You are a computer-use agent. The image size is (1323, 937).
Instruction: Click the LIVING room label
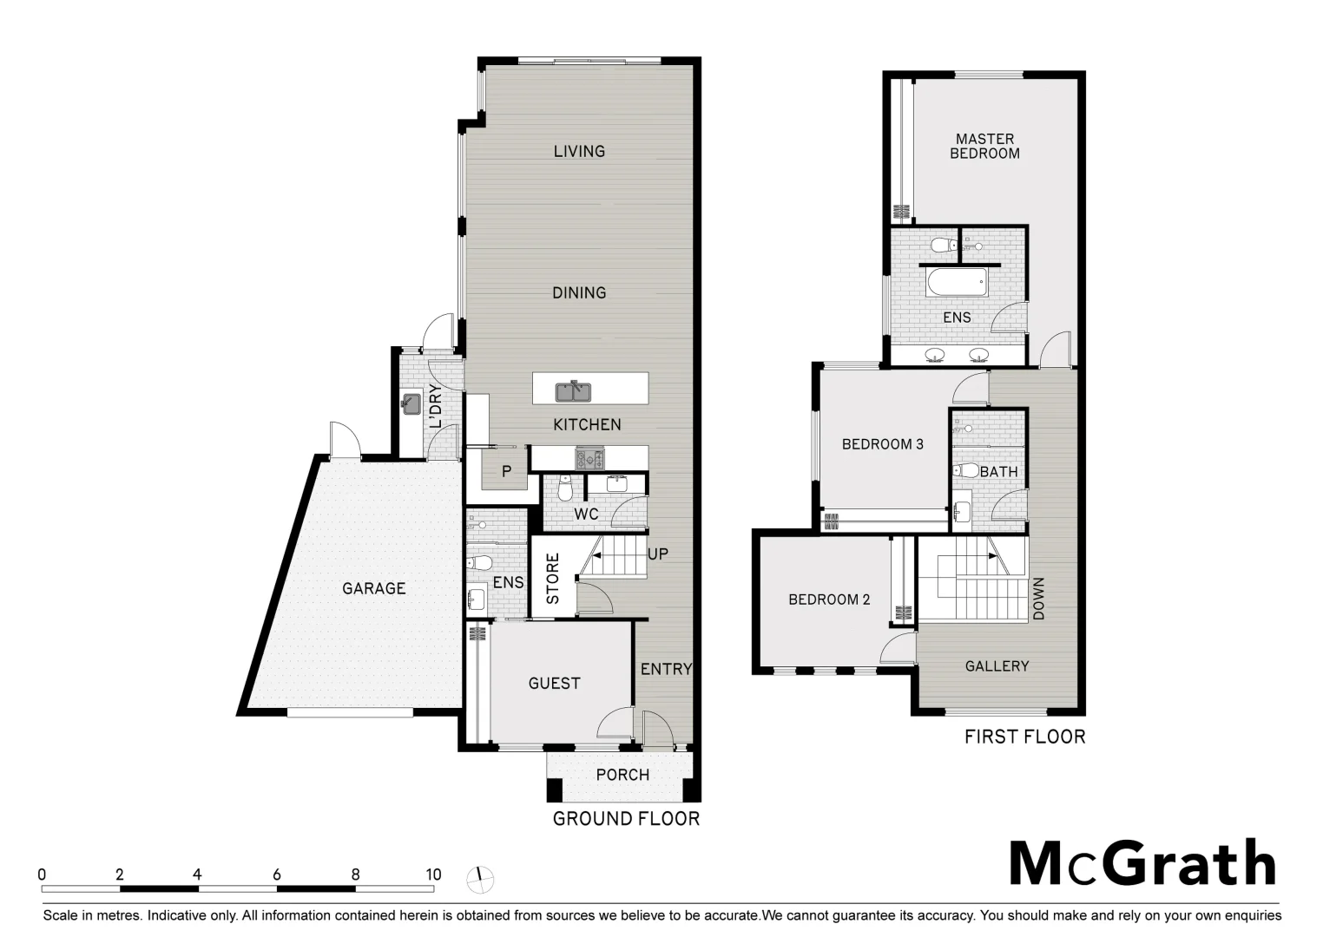(x=579, y=151)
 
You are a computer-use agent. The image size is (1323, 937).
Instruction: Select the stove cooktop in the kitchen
(x=590, y=457)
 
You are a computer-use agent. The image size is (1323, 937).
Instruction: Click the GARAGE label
(x=373, y=588)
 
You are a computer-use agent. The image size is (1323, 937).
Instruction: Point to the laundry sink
(x=411, y=404)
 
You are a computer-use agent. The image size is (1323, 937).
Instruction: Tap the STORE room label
(x=553, y=579)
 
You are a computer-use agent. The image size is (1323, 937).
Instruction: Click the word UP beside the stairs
(x=658, y=554)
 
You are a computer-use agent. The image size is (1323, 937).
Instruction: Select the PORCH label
(x=622, y=775)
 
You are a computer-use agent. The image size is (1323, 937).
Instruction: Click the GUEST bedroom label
(x=554, y=684)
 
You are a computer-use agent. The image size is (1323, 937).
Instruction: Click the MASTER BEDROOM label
(x=984, y=146)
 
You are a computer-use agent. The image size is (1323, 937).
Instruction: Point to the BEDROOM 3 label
(x=882, y=444)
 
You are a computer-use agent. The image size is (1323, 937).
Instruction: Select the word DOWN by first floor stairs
(x=1038, y=599)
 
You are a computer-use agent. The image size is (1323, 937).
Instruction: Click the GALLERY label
(x=997, y=666)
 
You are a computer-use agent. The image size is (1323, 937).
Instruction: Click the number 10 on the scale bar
(x=432, y=875)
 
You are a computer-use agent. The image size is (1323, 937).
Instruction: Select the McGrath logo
(x=1142, y=862)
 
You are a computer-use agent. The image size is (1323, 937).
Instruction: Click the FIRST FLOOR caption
(x=1024, y=737)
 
